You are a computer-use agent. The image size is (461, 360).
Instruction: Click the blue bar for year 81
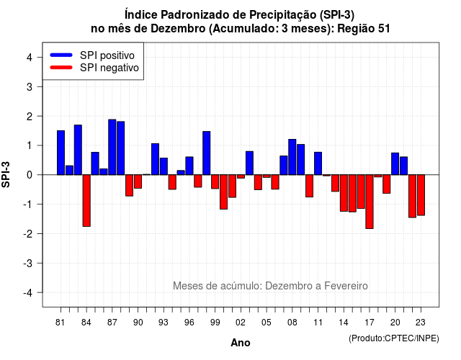coord(61,153)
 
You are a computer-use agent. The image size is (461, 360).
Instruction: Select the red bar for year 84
coord(86,200)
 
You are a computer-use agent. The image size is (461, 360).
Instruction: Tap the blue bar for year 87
coord(112,147)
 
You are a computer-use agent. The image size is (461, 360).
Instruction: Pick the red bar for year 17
coord(370,202)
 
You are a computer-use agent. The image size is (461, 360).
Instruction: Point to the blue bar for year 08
coord(292,157)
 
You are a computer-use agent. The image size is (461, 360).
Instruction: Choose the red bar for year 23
coord(421,195)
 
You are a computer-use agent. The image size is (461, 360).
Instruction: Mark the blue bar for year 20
coord(395,163)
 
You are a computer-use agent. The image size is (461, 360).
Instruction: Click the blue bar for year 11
coord(318,163)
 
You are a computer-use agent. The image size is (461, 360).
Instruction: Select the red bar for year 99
coord(215,181)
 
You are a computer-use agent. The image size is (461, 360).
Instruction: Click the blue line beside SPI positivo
coord(61,55)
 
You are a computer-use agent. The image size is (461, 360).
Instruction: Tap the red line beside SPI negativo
coord(61,68)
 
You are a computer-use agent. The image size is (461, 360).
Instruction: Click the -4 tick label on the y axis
coord(28,292)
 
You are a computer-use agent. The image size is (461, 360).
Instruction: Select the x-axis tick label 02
coord(241,323)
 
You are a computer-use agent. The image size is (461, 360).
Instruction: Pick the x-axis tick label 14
coord(344,323)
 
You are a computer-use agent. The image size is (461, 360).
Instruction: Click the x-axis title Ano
coord(241,343)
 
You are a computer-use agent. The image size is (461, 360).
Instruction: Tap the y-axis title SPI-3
coord(6,174)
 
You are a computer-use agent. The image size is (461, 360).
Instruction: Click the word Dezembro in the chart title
coord(178,29)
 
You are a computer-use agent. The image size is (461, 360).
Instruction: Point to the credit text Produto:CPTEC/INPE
coord(394,338)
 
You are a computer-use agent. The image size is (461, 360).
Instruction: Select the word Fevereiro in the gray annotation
coord(346,286)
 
